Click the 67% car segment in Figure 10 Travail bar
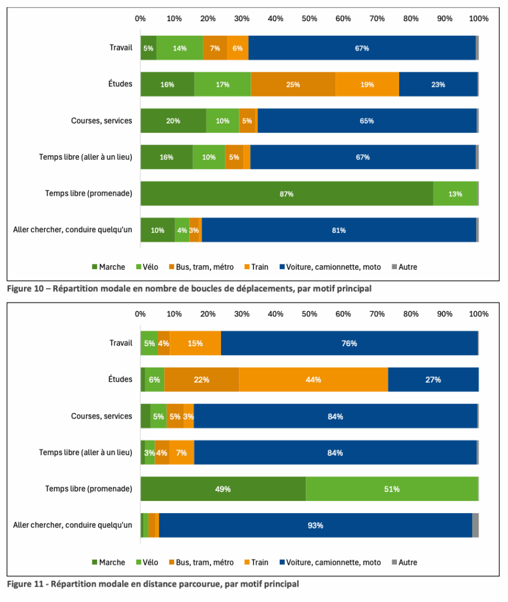(362, 48)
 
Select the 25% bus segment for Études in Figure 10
(293, 85)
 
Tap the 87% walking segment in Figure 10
(286, 194)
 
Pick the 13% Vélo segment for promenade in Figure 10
(456, 194)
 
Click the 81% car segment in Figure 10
(339, 230)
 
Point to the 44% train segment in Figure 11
(313, 380)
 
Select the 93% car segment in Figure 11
(315, 526)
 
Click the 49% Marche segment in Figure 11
(223, 489)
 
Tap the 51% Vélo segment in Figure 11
(392, 489)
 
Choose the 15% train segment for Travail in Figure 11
(195, 343)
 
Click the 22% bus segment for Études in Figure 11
(202, 380)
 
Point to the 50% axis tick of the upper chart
(310, 18)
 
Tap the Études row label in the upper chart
(121, 84)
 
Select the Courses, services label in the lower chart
(101, 416)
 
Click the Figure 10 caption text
(189, 289)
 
